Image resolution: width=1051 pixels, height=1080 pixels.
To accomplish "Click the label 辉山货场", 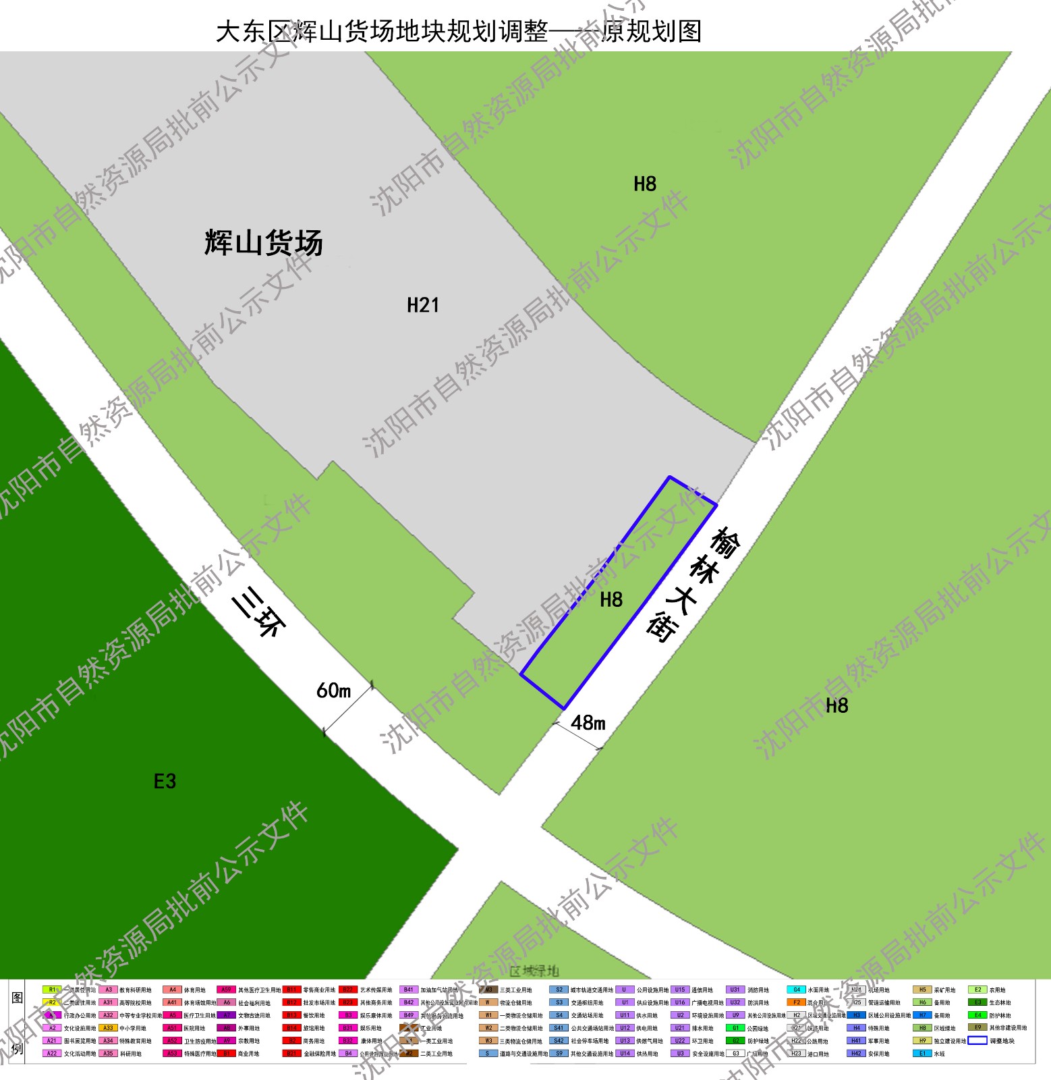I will tap(264, 242).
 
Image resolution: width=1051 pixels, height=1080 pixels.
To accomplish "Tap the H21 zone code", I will tap(423, 306).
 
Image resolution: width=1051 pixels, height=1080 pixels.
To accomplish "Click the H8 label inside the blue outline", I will tap(611, 599).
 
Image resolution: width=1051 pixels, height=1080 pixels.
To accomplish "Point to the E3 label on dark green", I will tap(165, 782).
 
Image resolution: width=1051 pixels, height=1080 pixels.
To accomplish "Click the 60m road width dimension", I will tap(334, 691).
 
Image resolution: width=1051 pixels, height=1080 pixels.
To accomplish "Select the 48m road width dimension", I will tap(588, 723).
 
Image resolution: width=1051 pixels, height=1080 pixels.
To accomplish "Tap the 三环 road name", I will tap(260, 612).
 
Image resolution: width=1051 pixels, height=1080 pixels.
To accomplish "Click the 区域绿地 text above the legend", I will tap(534, 971).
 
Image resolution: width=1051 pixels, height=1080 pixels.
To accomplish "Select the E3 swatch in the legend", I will tap(977, 1002).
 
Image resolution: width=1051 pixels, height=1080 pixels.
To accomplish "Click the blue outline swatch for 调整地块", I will tap(977, 1040).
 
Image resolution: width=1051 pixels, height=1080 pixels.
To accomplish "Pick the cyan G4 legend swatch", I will tap(796, 990).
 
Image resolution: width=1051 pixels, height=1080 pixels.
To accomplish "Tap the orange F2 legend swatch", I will tap(796, 1002).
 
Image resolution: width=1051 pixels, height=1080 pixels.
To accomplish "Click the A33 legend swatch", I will tap(108, 1028).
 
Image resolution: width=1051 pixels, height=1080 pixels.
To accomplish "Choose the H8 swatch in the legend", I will tap(922, 1028).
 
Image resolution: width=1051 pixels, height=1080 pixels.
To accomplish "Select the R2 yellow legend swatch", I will tap(52, 1002).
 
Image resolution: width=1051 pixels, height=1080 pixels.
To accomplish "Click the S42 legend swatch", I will tap(559, 1040).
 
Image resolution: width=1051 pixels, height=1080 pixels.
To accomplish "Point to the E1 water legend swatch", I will tap(922, 1053).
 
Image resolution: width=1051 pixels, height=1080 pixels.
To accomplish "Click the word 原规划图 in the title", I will tap(651, 32).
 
